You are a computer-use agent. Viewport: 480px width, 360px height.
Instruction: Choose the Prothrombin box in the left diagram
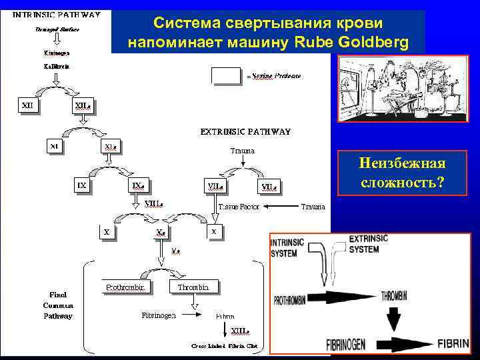point(127,287)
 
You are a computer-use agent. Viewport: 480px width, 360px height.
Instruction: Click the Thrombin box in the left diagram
point(197,287)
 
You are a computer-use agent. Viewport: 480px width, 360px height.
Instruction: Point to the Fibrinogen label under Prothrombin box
point(158,315)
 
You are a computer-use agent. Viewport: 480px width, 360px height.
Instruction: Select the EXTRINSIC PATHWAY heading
point(245,131)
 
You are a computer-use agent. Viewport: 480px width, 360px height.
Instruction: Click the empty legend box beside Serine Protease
point(225,75)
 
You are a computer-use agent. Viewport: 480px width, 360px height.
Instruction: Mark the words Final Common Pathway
point(59,305)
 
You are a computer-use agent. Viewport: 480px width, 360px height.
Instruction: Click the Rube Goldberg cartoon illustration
point(404,89)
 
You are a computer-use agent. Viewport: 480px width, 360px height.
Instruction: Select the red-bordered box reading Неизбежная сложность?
point(402,173)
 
